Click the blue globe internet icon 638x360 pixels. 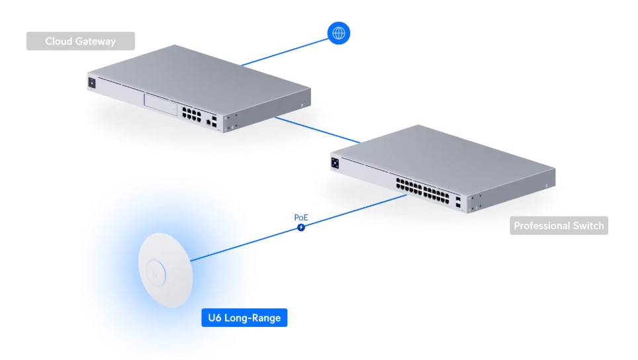[x=339, y=33]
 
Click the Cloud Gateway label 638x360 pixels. [x=81, y=41]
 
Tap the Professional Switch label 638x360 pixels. [x=559, y=226]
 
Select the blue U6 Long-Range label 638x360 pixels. [x=244, y=318]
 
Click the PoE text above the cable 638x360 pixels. [x=301, y=218]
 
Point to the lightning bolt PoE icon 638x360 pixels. [x=301, y=228]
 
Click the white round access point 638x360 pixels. [x=165, y=270]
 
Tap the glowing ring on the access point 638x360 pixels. [x=156, y=273]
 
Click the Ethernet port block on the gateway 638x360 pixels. [x=191, y=114]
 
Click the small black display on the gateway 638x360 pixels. [x=92, y=83]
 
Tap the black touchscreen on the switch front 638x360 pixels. [x=336, y=163]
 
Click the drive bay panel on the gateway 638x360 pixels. [x=161, y=105]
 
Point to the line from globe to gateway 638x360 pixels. [x=285, y=52]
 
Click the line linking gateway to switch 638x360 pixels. [x=318, y=130]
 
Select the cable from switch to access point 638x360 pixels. [x=298, y=228]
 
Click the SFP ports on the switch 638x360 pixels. [x=458, y=202]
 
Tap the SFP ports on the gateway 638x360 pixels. [x=214, y=122]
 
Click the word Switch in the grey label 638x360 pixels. [x=588, y=226]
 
